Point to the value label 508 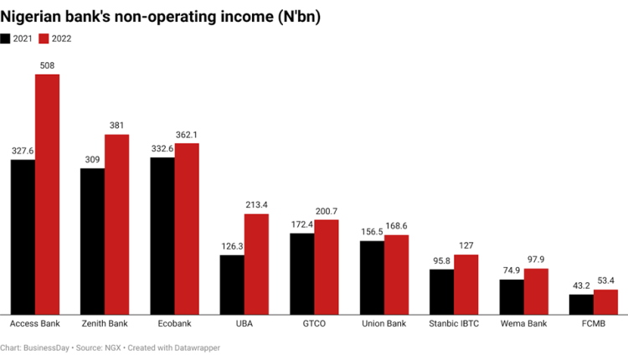tap(47, 65)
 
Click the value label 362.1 tap(187, 135)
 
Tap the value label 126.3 tap(232, 246)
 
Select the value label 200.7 tap(327, 211)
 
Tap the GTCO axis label tap(314, 323)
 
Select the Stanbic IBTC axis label tap(454, 323)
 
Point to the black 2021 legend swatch tap(6, 39)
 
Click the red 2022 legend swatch tap(44, 39)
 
